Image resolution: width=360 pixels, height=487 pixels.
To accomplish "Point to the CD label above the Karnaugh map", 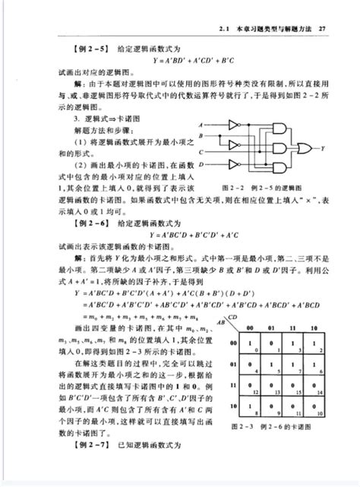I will tap(232, 317).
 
